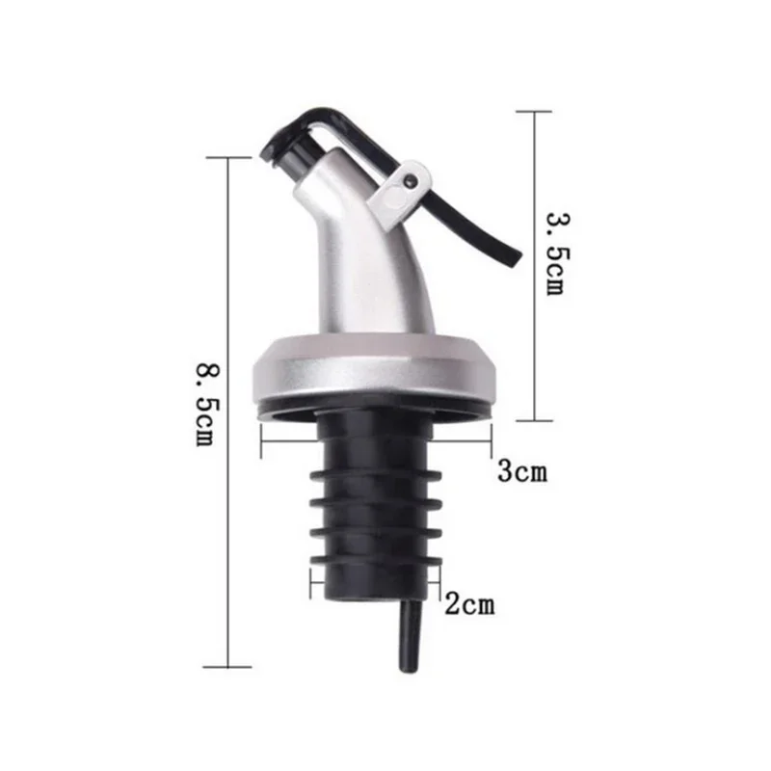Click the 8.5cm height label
pyautogui.click(x=204, y=404)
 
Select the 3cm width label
pyautogui.click(x=521, y=472)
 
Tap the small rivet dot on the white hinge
pyautogui.click(x=412, y=179)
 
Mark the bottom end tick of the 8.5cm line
pyautogui.click(x=227, y=666)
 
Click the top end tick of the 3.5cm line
pyautogui.click(x=533, y=112)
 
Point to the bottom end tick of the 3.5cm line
pyautogui.click(x=533, y=420)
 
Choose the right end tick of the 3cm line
pyautogui.click(x=492, y=444)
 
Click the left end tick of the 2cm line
pyautogui.click(x=310, y=581)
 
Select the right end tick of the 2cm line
pyautogui.click(x=439, y=581)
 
